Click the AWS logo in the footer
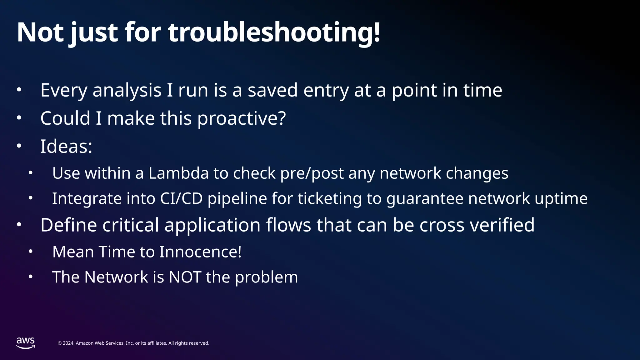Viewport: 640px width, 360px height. point(26,343)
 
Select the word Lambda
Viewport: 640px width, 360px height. point(178,173)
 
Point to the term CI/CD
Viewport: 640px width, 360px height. point(181,198)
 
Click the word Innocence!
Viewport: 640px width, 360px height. point(200,252)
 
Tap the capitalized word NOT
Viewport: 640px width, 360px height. point(185,277)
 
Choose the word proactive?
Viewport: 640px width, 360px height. point(242,118)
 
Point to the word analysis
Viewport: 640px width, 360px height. point(127,91)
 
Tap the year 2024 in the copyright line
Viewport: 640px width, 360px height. point(68,343)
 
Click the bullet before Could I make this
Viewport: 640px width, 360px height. point(19,118)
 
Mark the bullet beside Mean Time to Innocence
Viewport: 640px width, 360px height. point(30,251)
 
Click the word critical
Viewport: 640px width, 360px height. point(131,225)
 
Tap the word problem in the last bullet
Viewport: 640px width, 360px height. point(266,277)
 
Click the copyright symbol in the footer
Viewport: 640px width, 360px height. point(60,343)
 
